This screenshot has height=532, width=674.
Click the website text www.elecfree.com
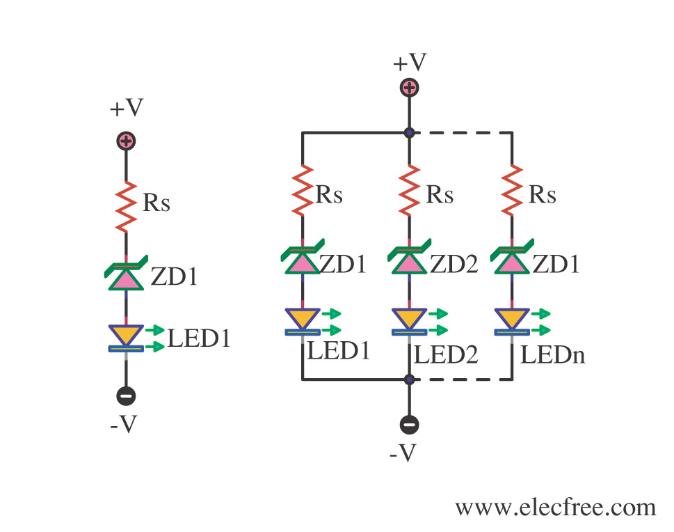point(555,507)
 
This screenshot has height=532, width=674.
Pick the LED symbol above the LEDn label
point(513,321)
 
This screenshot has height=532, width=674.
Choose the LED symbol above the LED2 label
point(408,321)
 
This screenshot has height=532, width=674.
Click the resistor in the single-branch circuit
point(126,206)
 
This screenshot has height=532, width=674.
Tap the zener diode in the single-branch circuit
point(126,276)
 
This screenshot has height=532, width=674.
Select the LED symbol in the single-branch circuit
point(126,337)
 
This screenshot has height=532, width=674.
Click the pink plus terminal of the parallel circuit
point(408,88)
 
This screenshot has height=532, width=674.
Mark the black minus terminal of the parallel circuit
point(408,424)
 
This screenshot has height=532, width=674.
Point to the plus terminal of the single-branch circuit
point(126,141)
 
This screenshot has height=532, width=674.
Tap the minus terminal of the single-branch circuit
point(126,396)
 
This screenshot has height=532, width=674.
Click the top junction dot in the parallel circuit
point(408,132)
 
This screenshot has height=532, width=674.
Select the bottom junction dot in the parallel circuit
point(408,380)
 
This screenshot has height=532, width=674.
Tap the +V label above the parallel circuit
point(409,63)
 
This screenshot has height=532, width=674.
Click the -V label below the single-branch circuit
point(126,425)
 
